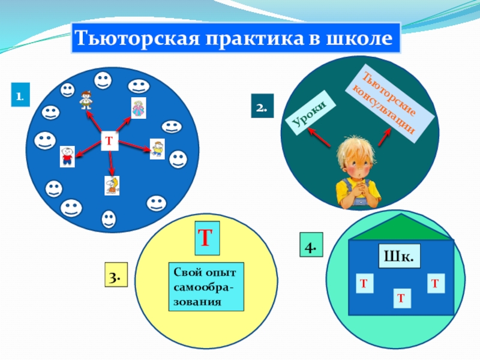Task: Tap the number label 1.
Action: coord(19,95)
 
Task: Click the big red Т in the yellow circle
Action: coord(206,236)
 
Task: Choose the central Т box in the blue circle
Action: coord(109,140)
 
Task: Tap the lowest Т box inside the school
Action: coord(401,296)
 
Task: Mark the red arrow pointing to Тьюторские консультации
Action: coord(385,139)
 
